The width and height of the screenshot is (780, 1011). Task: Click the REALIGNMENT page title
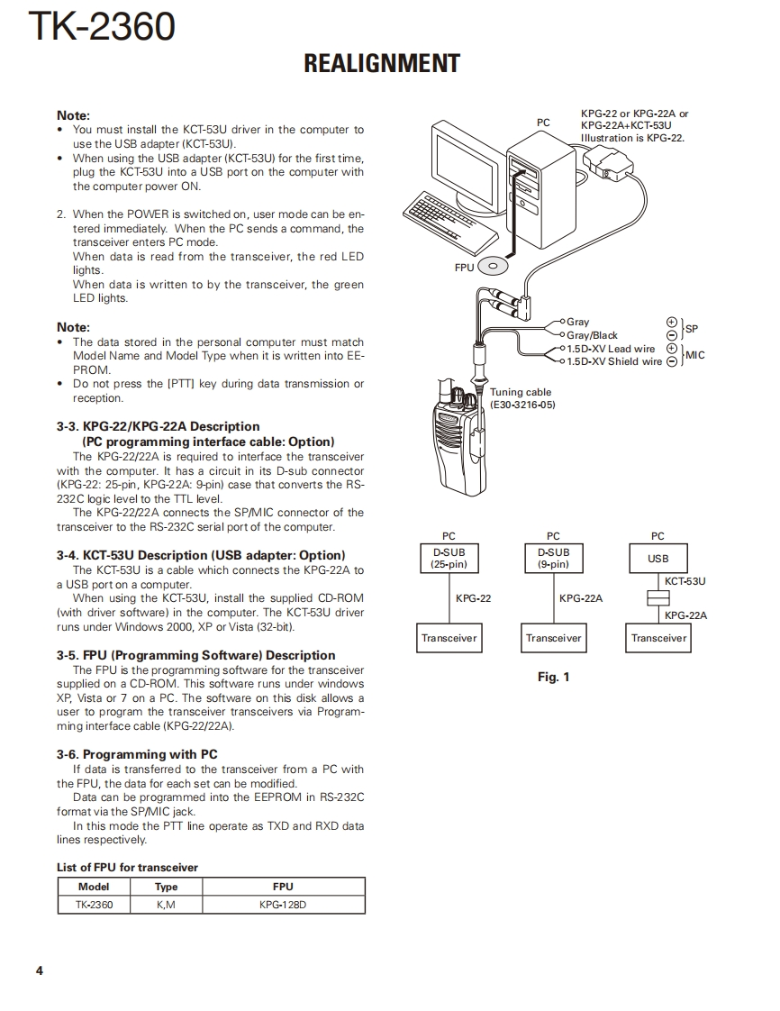[x=382, y=64]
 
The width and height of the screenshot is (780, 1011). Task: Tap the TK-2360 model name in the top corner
[x=101, y=27]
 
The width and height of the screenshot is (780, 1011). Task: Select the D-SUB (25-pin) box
[x=449, y=558]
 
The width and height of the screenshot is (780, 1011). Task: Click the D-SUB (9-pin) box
[x=553, y=558]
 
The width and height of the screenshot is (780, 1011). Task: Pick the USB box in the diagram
[x=658, y=558]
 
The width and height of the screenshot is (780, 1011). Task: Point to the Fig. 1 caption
[x=553, y=677]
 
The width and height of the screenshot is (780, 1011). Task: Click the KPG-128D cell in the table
[x=283, y=905]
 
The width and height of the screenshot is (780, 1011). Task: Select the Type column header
[x=167, y=887]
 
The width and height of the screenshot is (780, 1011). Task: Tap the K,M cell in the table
[x=167, y=905]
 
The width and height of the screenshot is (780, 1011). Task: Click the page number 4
[x=39, y=970]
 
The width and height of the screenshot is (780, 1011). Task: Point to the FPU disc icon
[x=493, y=266]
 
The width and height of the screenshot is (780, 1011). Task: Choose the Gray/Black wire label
[x=592, y=335]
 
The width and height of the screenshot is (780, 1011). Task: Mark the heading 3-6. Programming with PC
[x=137, y=754]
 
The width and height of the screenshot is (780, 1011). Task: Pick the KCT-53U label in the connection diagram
[x=685, y=581]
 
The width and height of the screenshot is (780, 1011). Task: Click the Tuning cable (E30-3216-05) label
[x=522, y=398]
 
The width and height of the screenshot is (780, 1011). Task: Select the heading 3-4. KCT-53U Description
[x=201, y=555]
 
